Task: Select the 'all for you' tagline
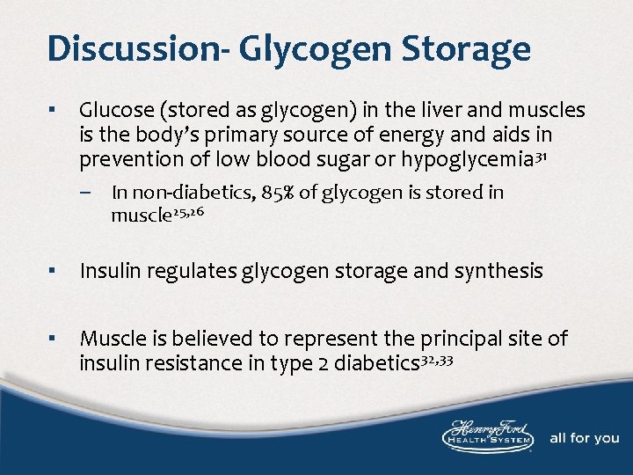coord(584,438)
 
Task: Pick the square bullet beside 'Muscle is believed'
coord(55,338)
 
